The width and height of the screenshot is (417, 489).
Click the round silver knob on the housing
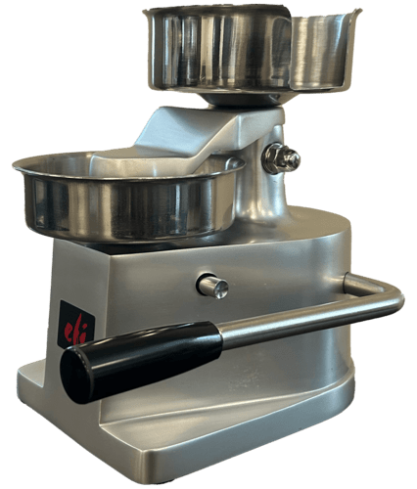coord(212,286)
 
